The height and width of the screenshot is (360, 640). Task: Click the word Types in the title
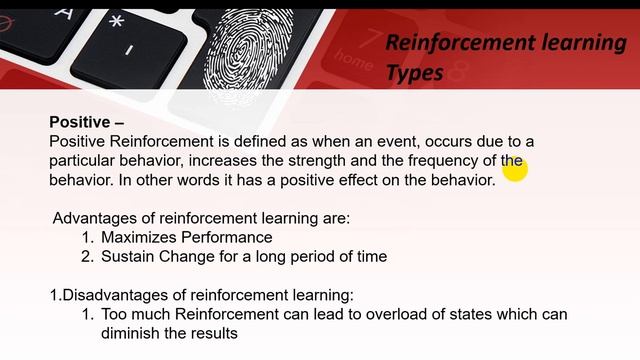click(415, 72)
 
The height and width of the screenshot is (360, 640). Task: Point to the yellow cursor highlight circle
click(514, 171)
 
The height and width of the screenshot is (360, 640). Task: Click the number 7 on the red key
click(374, 39)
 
